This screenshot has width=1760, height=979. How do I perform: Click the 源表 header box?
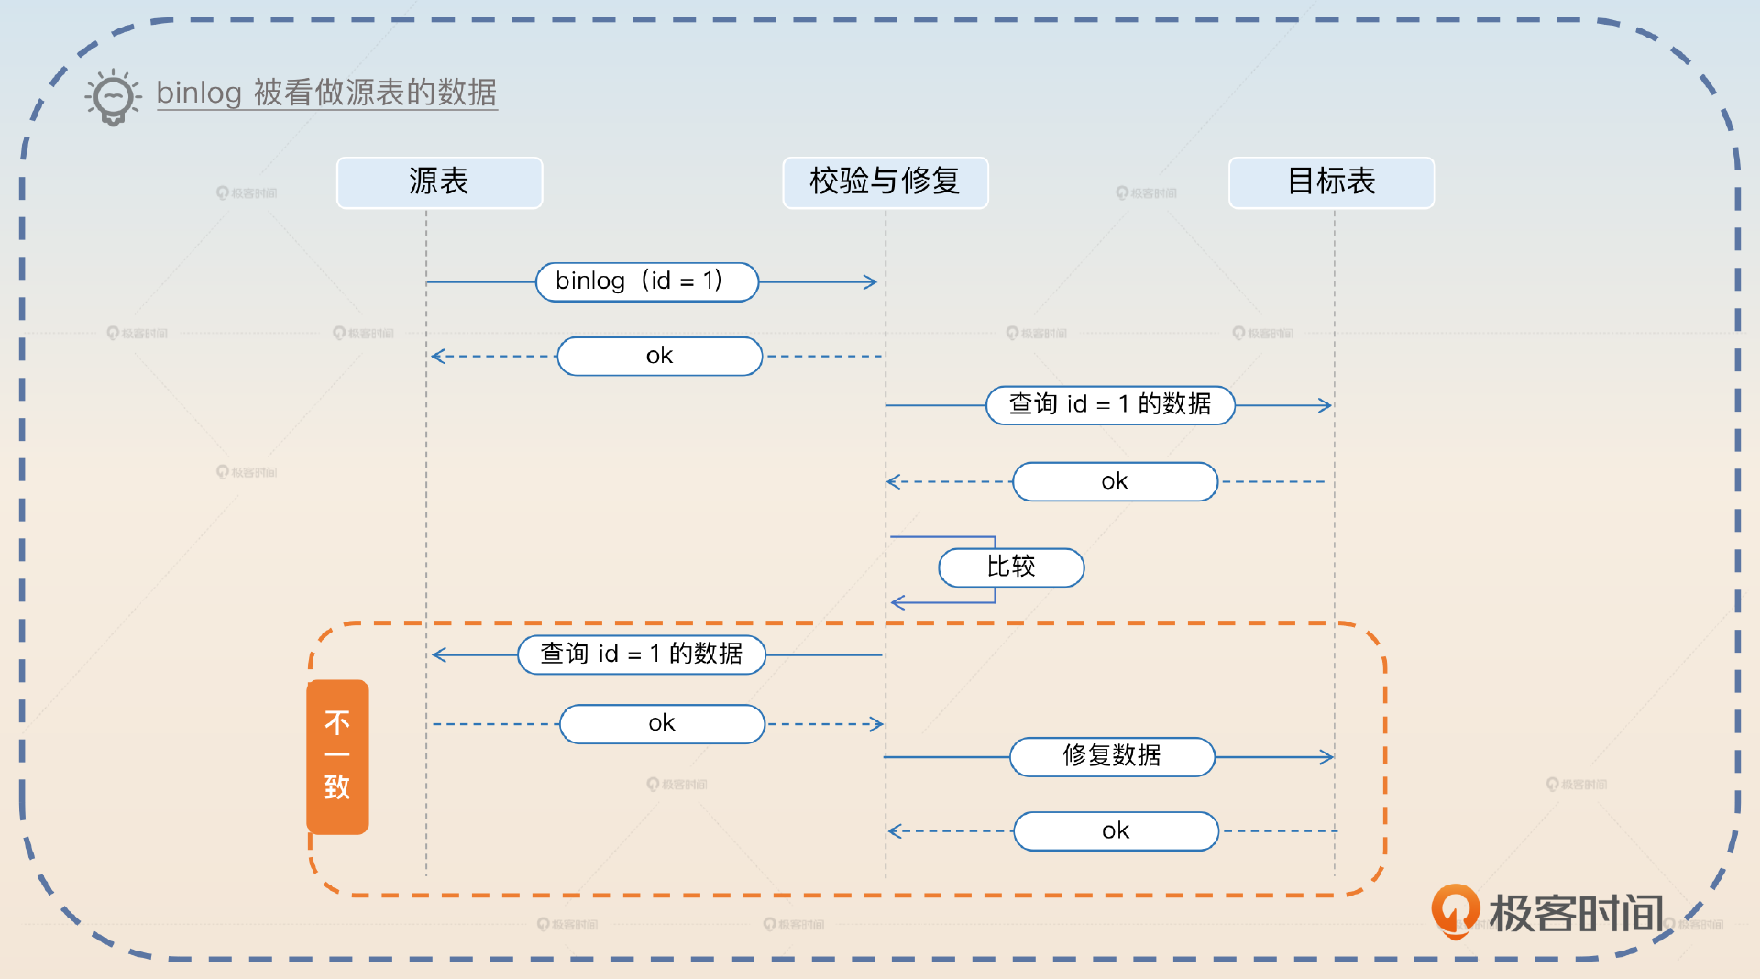click(439, 182)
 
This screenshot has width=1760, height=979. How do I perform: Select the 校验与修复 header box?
click(885, 182)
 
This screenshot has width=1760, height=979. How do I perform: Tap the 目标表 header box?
click(1331, 182)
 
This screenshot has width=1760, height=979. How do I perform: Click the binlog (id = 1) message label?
click(646, 281)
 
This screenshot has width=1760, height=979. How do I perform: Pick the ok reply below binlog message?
click(659, 356)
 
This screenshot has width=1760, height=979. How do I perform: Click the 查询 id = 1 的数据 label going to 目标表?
click(1109, 404)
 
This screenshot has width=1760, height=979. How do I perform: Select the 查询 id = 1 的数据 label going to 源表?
click(641, 654)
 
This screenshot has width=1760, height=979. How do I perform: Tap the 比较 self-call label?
click(1011, 567)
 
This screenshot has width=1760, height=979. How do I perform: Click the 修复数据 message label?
click(1112, 756)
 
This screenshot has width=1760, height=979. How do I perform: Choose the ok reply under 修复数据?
click(1116, 830)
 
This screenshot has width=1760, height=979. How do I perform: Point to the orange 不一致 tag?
click(337, 756)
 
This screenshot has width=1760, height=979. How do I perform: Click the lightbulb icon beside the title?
click(113, 96)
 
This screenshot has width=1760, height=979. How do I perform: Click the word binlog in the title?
click(199, 93)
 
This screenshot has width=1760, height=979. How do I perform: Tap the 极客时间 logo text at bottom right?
click(1576, 913)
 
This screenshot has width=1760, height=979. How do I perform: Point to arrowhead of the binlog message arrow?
click(872, 281)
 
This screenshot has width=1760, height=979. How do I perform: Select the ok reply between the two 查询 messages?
click(1115, 481)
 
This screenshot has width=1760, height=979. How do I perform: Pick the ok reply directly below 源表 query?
click(662, 723)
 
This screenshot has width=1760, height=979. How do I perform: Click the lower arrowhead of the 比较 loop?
click(897, 602)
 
